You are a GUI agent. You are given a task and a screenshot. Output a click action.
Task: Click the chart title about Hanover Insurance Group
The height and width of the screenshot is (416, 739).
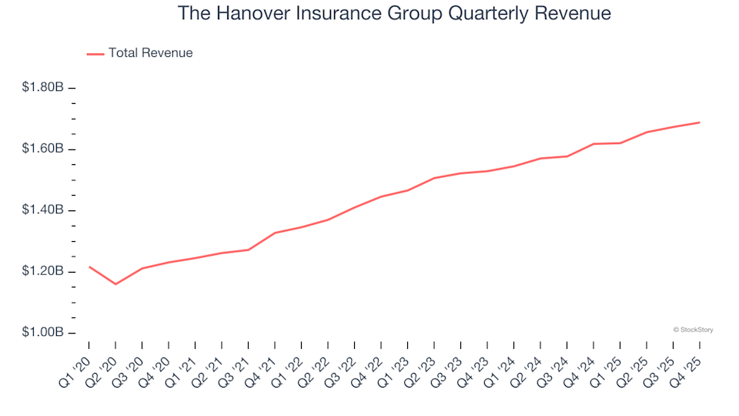pyautogui.click(x=394, y=14)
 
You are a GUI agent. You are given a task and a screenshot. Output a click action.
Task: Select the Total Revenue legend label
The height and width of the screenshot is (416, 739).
pyautogui.click(x=150, y=53)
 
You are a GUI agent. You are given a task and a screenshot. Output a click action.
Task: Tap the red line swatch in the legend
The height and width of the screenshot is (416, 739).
pyautogui.click(x=95, y=53)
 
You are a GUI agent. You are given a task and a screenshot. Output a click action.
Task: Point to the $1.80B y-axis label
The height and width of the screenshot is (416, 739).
pyautogui.click(x=43, y=88)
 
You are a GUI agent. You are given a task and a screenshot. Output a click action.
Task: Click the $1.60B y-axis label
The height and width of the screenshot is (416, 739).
pyautogui.click(x=43, y=149)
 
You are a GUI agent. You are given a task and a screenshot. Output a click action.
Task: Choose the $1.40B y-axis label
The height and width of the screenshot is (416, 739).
pyautogui.click(x=43, y=210)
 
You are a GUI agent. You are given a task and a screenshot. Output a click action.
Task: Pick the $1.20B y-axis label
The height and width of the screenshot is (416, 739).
pyautogui.click(x=43, y=272)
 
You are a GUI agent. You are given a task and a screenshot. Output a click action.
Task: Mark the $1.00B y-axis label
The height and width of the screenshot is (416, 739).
pyautogui.click(x=43, y=333)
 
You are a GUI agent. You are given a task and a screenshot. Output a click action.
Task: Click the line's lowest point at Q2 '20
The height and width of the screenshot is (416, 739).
pyautogui.click(x=115, y=284)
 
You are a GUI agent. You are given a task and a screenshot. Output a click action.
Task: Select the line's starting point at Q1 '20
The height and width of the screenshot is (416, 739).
pyautogui.click(x=89, y=267)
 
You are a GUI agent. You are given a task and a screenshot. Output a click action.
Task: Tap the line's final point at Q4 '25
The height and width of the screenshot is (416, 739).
pyautogui.click(x=699, y=122)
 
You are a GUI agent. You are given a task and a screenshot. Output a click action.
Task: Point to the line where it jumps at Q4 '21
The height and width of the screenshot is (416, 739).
pyautogui.click(x=275, y=233)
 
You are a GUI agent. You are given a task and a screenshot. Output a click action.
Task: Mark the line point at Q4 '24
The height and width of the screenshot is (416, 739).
pyautogui.click(x=594, y=144)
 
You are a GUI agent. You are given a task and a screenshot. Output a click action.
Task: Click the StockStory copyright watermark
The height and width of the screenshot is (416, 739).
pyautogui.click(x=693, y=330)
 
